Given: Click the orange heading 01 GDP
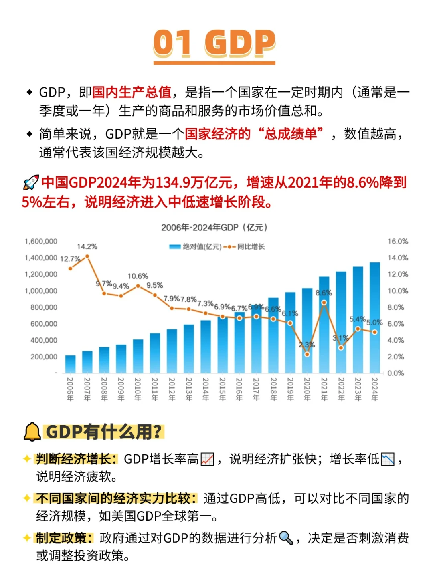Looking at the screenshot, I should pos(214,43).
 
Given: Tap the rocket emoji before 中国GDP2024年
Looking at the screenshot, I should pos(31,183).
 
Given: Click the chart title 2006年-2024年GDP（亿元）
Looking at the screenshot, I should pos(214,228).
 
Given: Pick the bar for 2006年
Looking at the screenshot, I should pos(70,364).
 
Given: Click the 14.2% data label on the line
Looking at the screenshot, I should pos(87,246).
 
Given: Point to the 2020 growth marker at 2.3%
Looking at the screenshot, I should pos(307,354).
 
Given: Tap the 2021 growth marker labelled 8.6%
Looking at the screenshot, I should pos(324,303).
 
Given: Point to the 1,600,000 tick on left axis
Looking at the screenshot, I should pos(41,241).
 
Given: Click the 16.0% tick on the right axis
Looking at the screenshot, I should pos(397,241).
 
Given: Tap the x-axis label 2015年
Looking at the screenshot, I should pos(222,389).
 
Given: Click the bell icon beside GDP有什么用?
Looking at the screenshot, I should pos(32,432).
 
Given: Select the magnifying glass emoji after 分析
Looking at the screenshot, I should pos(286,538).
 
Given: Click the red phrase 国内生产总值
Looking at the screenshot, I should pos(132,93).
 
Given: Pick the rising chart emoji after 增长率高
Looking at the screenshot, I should pos(207,459).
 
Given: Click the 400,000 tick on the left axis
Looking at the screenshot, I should pos(44,340).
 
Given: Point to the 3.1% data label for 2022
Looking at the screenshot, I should pos(340,338).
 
